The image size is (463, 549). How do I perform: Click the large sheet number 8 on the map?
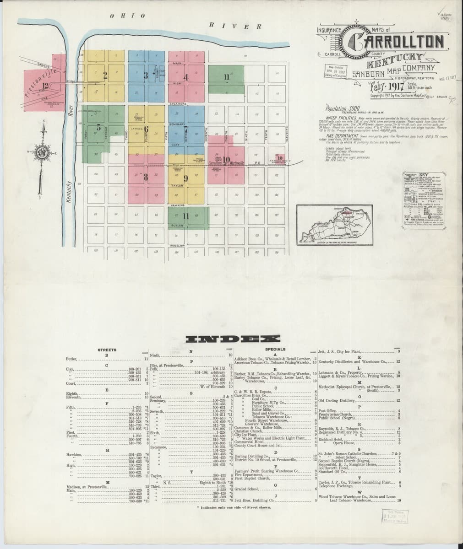pyautogui.click(x=146, y=177)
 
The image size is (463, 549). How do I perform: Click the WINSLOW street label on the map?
pyautogui.click(x=178, y=246)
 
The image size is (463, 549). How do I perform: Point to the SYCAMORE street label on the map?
pyautogui.click(x=177, y=104)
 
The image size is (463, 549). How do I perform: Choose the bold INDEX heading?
pyautogui.click(x=233, y=339)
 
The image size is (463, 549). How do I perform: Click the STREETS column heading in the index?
pyautogui.click(x=107, y=350)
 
